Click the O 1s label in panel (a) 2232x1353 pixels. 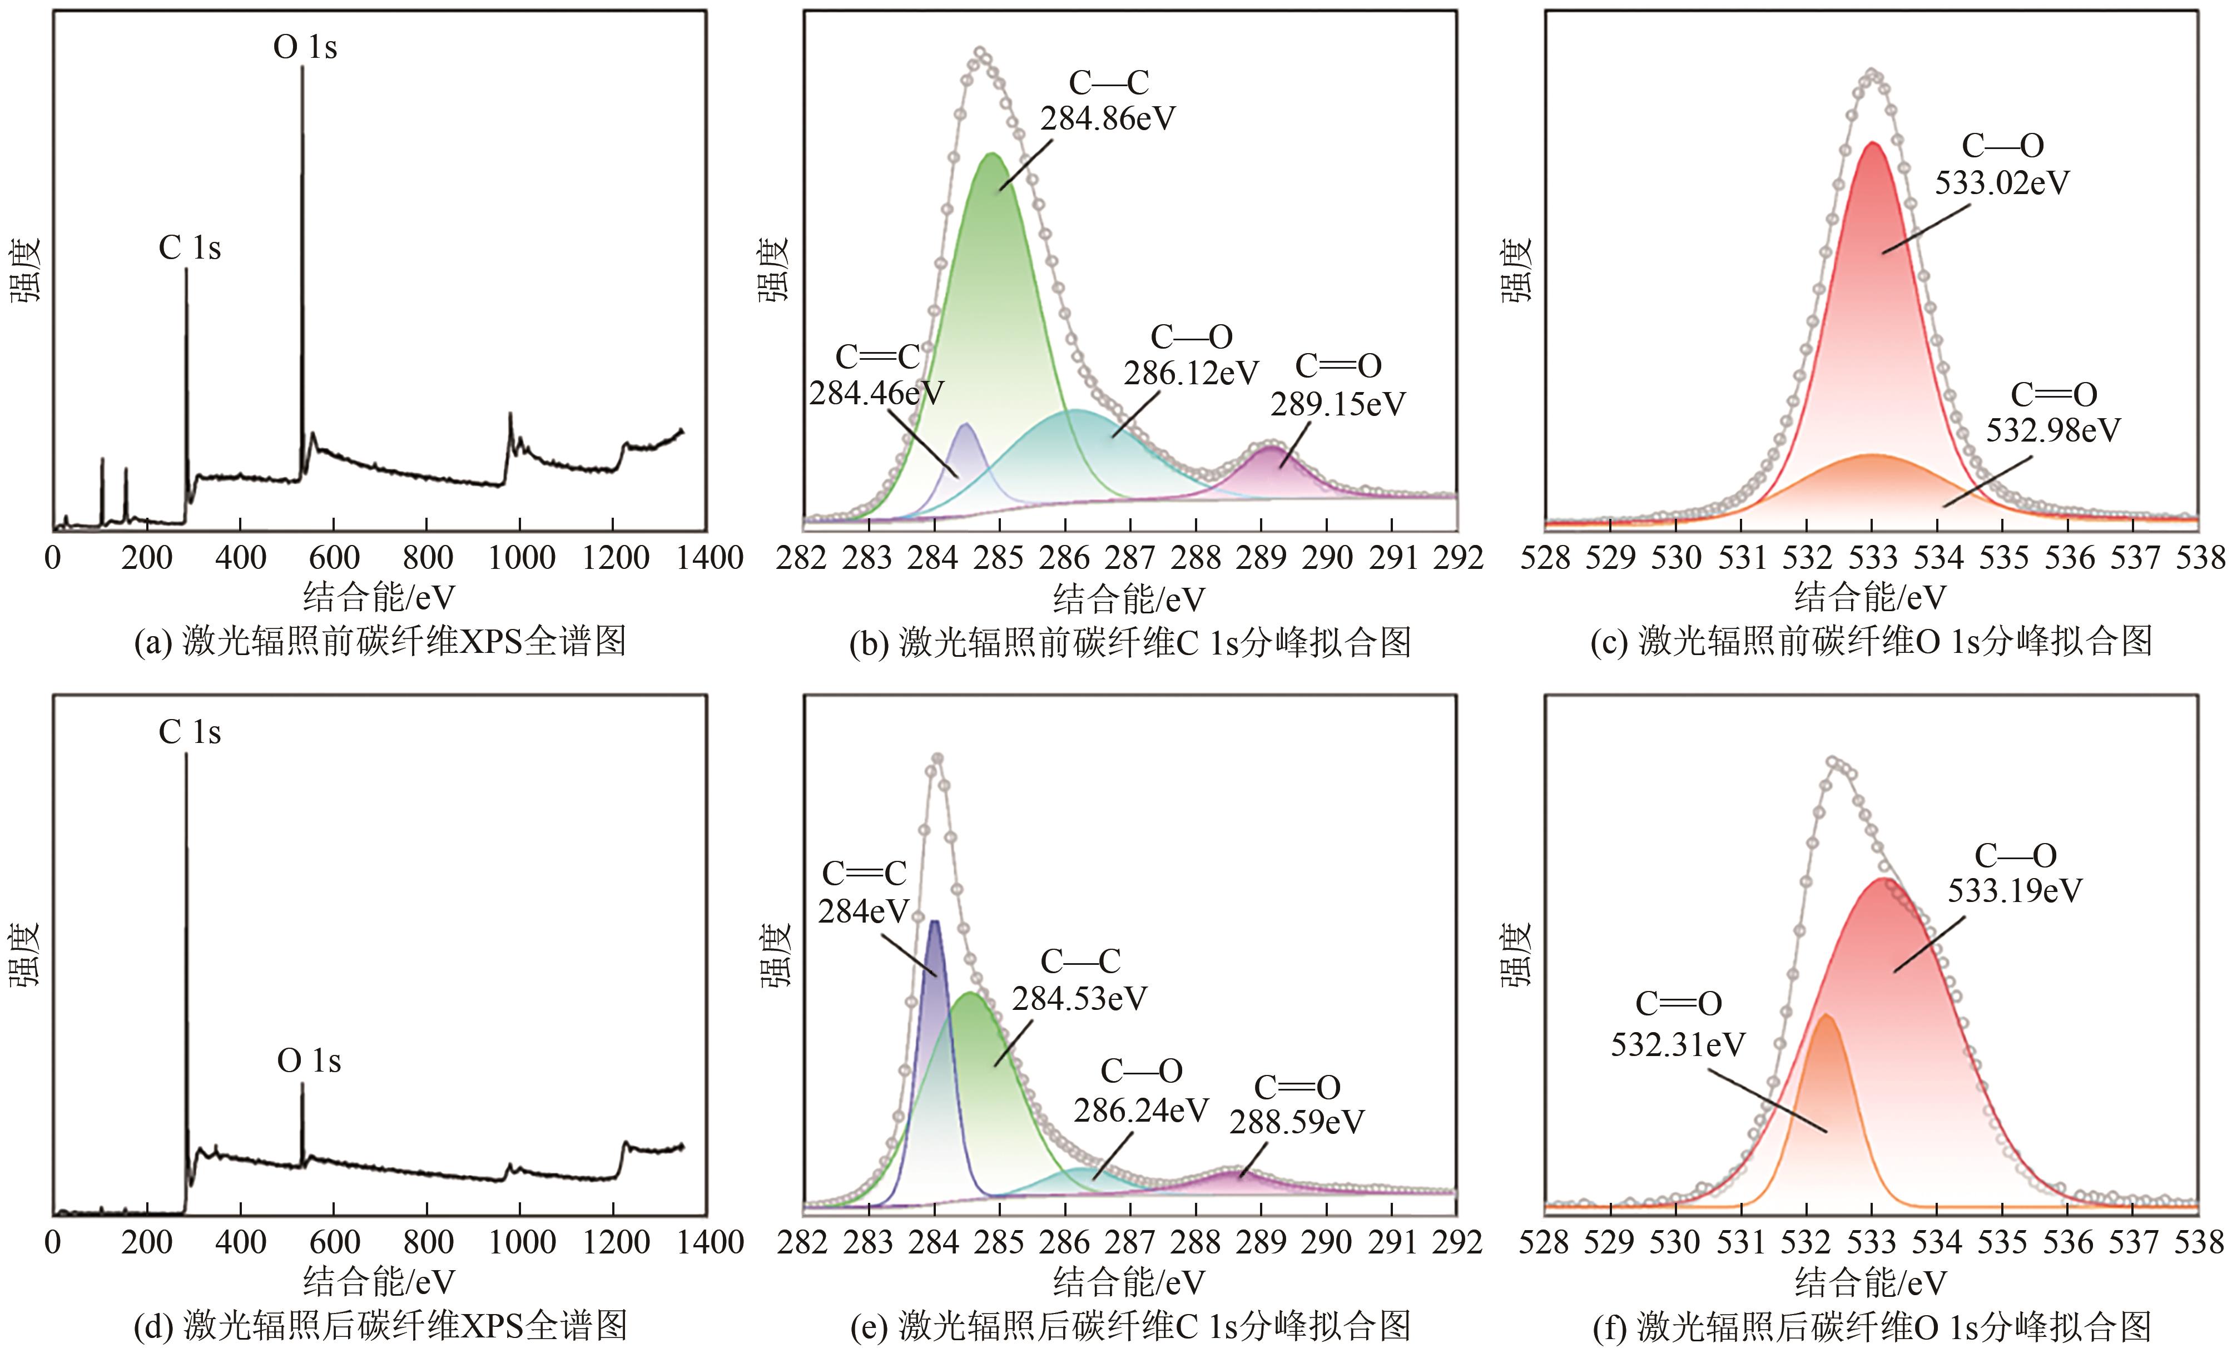coord(305,47)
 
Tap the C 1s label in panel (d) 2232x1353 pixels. coord(189,732)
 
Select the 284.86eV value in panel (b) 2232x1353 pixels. coord(1107,118)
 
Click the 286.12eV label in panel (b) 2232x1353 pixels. coord(1191,373)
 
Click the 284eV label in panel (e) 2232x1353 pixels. coord(862,911)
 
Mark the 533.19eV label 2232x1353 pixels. coord(2015,891)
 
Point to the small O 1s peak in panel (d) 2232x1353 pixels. coord(302,1085)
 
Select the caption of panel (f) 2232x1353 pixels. coord(1872,1327)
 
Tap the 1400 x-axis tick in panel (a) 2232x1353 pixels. coord(708,558)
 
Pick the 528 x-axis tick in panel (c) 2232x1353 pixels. coord(1545,558)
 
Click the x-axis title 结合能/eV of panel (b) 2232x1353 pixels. coord(1129,598)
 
